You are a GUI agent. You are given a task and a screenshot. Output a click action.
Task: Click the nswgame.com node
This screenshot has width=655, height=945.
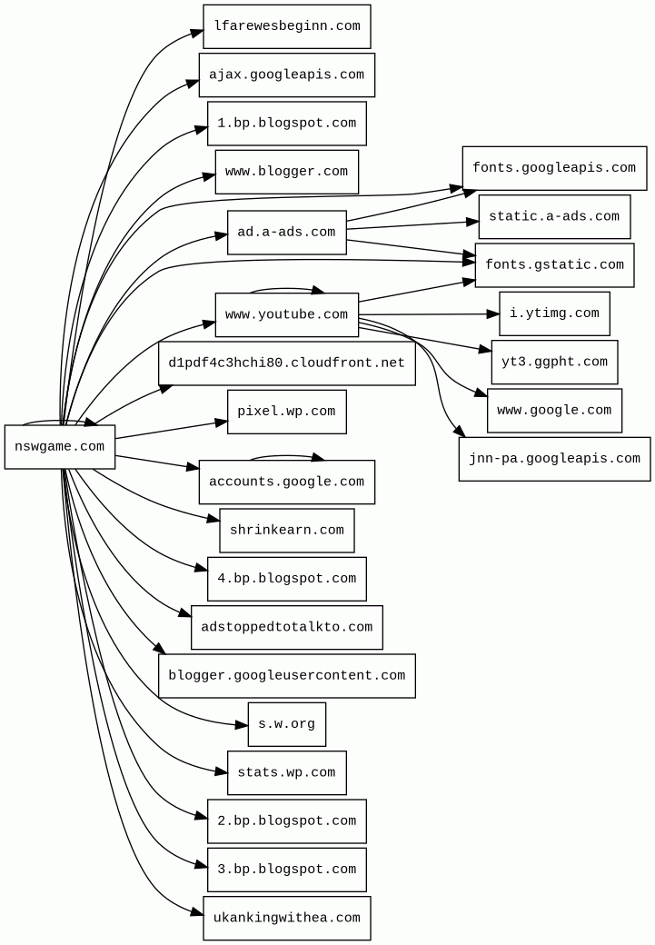point(60,446)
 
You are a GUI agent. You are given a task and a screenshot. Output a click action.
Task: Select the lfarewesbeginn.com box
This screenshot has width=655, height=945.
point(286,26)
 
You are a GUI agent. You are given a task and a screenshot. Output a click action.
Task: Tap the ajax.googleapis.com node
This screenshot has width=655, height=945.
point(286,75)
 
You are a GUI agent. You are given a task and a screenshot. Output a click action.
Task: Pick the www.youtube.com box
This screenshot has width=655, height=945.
point(286,314)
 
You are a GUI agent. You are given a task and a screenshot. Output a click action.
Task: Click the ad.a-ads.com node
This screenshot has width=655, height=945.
point(286,233)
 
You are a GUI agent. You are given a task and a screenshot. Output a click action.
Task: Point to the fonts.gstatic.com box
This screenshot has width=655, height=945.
point(554,265)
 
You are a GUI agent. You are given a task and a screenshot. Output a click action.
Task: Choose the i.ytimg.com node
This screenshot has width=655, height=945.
point(554,313)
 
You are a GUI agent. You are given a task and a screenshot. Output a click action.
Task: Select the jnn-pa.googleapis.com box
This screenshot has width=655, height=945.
point(554,459)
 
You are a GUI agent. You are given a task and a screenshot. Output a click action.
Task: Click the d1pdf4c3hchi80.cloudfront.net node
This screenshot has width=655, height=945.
point(286,363)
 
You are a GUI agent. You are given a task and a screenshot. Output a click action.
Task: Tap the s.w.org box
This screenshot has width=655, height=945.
point(286,724)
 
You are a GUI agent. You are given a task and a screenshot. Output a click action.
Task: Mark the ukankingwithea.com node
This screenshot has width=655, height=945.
point(286,918)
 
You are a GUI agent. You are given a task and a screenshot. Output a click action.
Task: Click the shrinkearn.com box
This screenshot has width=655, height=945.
point(286,530)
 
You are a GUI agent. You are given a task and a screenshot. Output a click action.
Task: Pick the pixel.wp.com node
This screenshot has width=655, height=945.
point(286,412)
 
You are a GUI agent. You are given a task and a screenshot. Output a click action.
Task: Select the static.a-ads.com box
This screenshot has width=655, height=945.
point(554,216)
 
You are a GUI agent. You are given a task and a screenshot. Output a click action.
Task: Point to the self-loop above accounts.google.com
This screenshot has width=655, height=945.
point(286,455)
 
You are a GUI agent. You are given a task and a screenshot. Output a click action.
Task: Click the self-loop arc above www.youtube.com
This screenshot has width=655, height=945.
point(286,289)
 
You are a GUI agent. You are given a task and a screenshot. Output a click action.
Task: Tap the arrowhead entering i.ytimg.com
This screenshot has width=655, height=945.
point(493,314)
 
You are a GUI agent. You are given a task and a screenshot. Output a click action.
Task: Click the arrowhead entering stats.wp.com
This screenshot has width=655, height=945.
point(221,772)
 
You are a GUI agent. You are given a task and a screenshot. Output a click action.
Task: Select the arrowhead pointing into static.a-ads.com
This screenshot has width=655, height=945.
point(472,221)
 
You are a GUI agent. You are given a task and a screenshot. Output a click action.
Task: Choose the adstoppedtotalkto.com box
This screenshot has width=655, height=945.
point(286,627)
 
